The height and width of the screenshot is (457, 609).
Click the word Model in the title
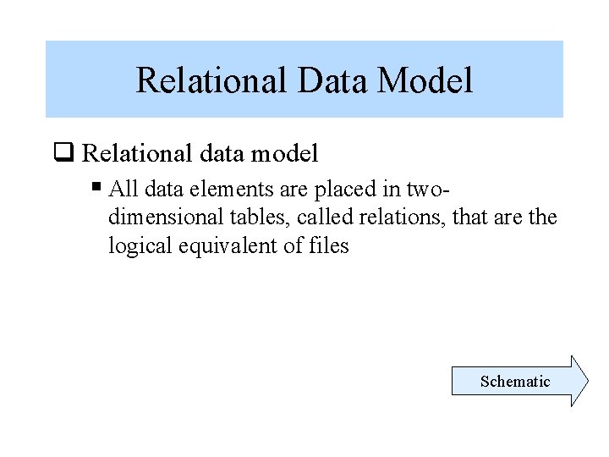pos(425,80)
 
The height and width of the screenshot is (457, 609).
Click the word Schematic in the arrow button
pos(514,381)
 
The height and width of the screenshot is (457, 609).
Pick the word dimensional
pos(166,217)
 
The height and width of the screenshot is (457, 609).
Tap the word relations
pos(403,217)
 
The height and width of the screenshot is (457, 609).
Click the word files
pos(327,246)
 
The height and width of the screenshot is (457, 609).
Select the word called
pos(325,217)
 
